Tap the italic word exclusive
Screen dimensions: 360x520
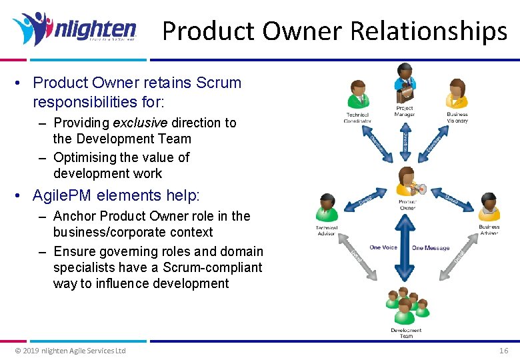point(141,123)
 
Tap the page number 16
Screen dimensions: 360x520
point(503,351)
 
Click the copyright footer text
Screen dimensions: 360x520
point(70,351)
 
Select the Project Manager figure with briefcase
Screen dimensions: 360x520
point(405,83)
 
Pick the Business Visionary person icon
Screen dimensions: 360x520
point(457,94)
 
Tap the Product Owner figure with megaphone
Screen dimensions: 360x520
point(407,182)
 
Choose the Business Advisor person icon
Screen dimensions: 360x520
point(489,207)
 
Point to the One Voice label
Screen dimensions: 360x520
point(383,248)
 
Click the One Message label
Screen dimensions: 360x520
point(431,248)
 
